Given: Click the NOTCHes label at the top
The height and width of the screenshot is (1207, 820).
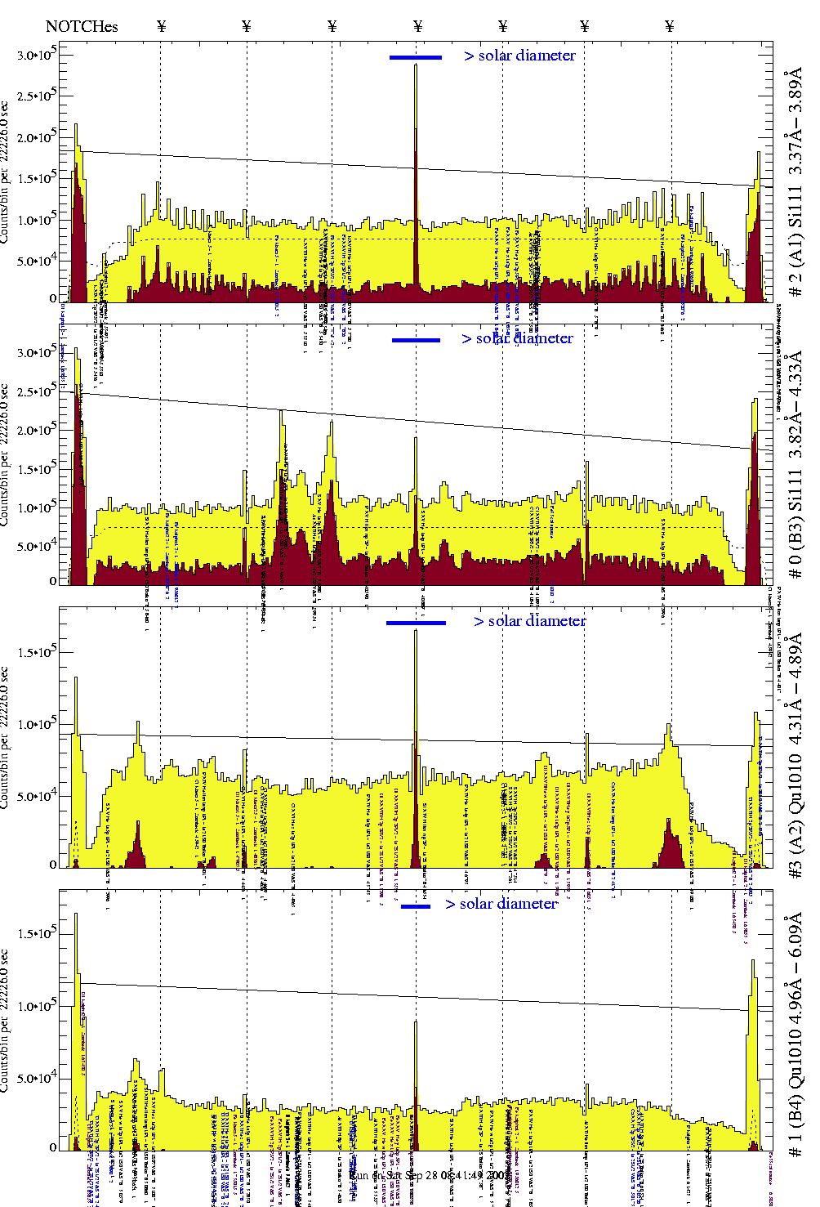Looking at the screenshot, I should tap(82, 26).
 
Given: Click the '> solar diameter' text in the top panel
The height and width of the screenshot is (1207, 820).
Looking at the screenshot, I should tap(519, 56).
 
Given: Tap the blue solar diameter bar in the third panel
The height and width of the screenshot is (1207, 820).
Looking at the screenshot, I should tap(416, 623).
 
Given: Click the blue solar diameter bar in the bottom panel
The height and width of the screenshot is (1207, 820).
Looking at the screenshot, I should tap(416, 905).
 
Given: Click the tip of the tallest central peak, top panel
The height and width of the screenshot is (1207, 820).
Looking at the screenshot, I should tap(416, 65).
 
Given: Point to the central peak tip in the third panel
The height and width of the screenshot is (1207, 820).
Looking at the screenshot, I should tap(416, 632).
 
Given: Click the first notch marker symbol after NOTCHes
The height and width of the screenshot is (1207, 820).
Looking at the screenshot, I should tap(161, 26).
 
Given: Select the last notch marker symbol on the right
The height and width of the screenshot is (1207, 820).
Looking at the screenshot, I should tap(670, 26).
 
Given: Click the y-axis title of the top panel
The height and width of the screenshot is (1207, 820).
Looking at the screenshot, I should tap(6, 172).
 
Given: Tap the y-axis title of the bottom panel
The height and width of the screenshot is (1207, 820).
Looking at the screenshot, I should tap(6, 1021).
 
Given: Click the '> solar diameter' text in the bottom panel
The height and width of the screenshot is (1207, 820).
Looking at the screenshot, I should tap(501, 903).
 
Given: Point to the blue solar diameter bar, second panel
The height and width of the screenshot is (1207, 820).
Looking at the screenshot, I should tap(416, 340).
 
